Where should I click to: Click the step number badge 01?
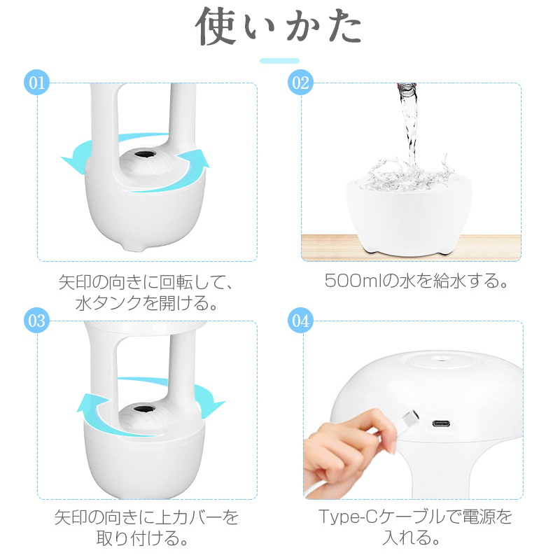point(37,83)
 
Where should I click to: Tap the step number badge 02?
point(301,83)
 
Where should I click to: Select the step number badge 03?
point(37,321)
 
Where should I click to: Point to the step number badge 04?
point(301,321)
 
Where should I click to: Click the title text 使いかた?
point(279,27)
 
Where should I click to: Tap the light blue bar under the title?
point(279,61)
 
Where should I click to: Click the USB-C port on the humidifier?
point(441,424)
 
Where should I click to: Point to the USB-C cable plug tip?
point(410,416)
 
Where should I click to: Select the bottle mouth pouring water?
point(407,88)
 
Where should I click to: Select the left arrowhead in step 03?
point(90,404)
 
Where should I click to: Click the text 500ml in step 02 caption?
point(353,281)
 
